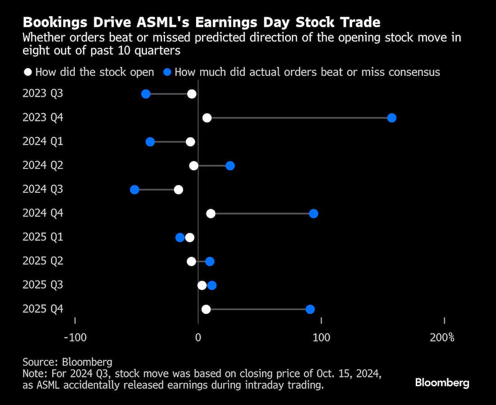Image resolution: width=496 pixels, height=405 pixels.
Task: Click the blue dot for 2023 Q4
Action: [x=391, y=118]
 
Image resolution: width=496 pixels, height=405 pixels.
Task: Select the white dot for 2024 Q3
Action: [x=179, y=190]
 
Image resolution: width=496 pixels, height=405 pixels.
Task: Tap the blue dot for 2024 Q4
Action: [x=313, y=214]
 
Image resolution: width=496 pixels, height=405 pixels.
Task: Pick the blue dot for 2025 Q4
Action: [x=310, y=309]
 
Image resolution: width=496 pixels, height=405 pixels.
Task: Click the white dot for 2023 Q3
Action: [x=192, y=94]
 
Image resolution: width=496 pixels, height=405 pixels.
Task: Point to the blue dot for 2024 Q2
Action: [x=230, y=166]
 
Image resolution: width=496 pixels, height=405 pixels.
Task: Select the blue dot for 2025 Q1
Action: [x=180, y=237]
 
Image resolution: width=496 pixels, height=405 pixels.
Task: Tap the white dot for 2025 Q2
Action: [x=191, y=261]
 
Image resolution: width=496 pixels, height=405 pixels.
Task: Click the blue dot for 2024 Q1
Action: [x=150, y=142]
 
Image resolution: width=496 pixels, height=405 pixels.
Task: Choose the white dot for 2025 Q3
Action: [x=202, y=286]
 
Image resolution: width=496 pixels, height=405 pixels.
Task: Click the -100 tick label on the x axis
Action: [x=75, y=338]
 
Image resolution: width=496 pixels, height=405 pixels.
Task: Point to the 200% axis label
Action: [x=442, y=338]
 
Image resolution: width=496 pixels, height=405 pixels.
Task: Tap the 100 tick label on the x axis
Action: [x=321, y=338]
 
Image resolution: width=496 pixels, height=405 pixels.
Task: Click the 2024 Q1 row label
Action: [x=43, y=141]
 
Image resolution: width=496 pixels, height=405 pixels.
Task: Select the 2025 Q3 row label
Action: [x=43, y=284]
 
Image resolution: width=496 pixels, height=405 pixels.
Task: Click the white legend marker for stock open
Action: [x=28, y=72]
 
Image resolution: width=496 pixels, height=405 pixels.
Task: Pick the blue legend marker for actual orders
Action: [x=167, y=72]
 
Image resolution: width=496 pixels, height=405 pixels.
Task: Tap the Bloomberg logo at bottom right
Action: [x=442, y=382]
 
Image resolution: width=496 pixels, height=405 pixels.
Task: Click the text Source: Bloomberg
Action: [x=67, y=362]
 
